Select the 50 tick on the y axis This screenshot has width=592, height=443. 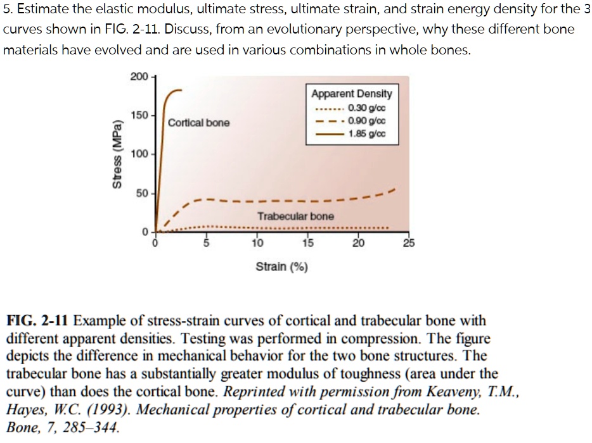[141, 192]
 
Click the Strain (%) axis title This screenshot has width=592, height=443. [281, 266]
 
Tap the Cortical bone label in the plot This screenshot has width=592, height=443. [199, 122]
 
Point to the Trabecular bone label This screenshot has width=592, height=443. [295, 216]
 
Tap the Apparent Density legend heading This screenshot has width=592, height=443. [351, 94]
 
